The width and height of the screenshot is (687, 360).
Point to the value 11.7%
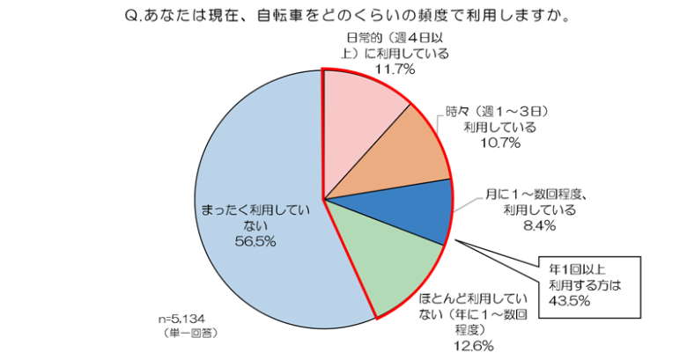393,70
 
